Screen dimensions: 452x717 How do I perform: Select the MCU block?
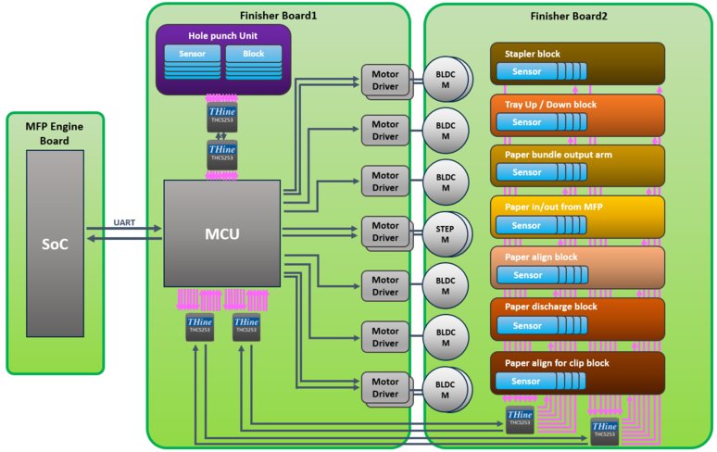[222, 233]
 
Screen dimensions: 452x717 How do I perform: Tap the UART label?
[124, 222]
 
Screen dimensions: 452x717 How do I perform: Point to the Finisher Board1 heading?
[278, 16]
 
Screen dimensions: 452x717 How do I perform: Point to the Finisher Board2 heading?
[569, 16]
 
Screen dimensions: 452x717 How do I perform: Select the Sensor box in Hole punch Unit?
[192, 55]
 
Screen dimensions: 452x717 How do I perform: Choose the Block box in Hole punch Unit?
[253, 55]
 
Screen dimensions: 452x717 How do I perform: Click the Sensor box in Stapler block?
[526, 71]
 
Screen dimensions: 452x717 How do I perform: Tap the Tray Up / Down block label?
[550, 105]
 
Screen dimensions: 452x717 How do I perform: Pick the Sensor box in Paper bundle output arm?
[526, 172]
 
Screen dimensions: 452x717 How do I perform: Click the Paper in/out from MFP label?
[553, 207]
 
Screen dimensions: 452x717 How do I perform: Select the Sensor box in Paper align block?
[526, 274]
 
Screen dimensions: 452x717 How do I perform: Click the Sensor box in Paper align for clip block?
[526, 380]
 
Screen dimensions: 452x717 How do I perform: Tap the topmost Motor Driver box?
[385, 79]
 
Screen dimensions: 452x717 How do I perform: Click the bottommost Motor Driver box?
[385, 388]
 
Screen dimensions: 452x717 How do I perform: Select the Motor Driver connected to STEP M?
[385, 232]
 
